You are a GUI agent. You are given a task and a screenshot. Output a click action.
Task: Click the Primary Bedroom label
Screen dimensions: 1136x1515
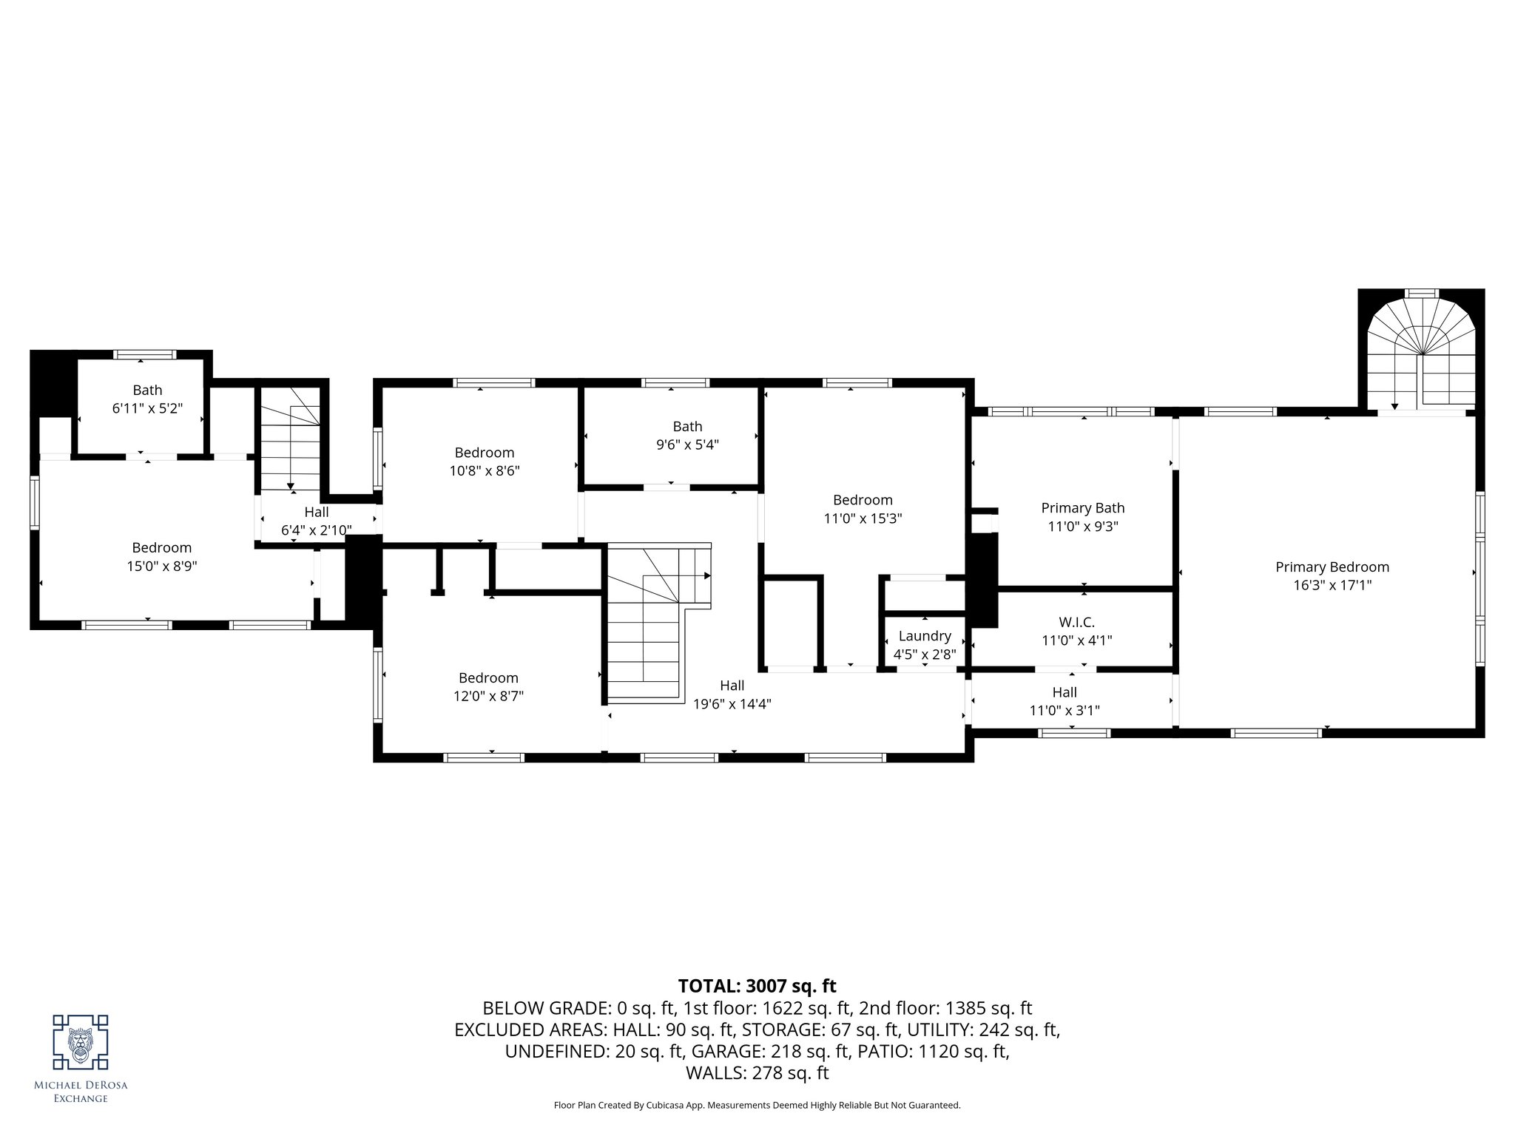click(1332, 567)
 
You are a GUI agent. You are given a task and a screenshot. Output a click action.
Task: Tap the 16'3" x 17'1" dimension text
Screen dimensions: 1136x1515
click(1332, 586)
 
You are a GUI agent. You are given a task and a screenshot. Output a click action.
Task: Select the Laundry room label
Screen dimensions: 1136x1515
click(925, 636)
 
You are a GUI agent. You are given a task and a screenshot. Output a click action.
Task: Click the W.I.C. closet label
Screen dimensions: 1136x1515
click(1076, 623)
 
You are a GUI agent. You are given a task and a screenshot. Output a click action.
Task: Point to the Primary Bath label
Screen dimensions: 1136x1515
click(1083, 508)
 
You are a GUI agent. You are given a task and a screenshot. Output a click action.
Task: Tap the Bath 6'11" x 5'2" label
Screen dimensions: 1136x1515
click(147, 399)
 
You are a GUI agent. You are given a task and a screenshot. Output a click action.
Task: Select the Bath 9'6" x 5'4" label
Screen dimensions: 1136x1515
click(687, 435)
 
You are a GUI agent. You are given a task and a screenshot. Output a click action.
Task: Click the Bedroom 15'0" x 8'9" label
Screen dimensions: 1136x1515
click(162, 557)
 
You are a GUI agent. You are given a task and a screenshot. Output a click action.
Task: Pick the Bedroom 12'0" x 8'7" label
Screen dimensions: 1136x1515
click(488, 686)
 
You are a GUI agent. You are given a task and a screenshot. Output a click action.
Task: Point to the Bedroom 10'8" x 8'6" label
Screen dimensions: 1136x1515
click(485, 461)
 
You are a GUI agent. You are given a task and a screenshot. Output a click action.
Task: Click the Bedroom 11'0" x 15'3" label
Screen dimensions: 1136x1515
click(863, 509)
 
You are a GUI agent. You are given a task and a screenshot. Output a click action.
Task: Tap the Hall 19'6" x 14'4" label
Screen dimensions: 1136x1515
click(732, 694)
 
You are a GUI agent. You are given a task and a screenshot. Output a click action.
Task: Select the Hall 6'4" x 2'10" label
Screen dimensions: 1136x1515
click(317, 521)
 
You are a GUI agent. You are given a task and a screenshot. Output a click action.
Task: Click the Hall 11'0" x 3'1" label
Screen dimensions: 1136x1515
click(1064, 701)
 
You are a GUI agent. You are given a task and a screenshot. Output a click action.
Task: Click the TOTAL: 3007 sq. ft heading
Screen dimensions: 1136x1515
click(757, 986)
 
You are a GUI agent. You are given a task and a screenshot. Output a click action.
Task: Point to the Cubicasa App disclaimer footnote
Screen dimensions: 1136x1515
click(757, 1106)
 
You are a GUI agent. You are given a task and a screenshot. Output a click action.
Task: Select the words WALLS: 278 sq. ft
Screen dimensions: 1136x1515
click(757, 1073)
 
